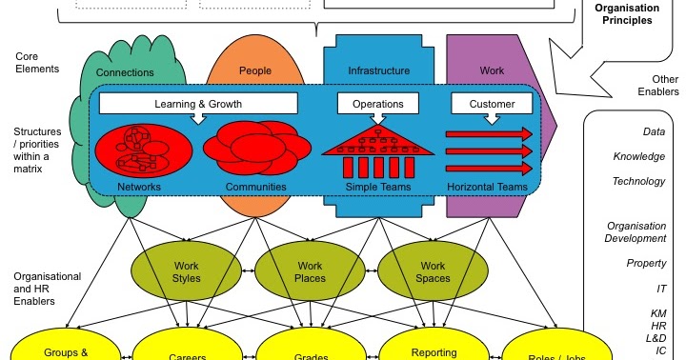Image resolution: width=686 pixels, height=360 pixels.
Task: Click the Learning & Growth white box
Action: pos(198,103)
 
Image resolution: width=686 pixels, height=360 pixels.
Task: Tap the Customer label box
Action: pos(492,104)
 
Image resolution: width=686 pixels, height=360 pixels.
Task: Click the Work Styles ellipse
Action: pos(187,271)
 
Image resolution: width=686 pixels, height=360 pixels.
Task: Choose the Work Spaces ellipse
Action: pos(434,271)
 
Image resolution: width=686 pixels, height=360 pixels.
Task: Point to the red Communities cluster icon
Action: pos(255,149)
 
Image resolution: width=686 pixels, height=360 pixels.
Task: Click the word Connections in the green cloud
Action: pos(126,71)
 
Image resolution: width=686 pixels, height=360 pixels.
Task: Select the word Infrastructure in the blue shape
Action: pos(379,70)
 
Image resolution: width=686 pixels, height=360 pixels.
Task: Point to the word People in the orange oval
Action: pos(255,71)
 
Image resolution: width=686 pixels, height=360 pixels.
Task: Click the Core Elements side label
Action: pos(37,63)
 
